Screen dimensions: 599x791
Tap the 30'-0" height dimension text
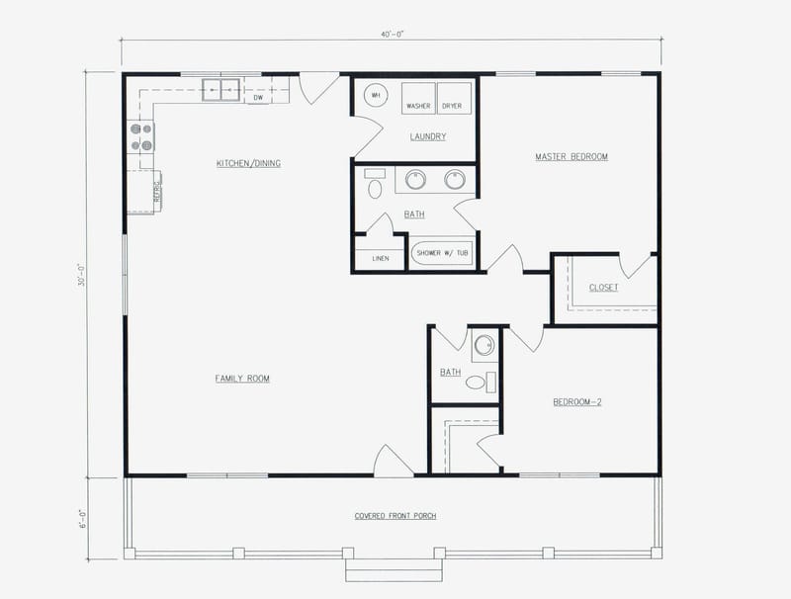tap(87, 274)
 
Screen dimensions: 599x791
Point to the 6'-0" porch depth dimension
tap(87, 518)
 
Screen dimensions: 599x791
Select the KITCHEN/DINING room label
tap(248, 163)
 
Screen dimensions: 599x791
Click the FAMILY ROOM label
tap(242, 379)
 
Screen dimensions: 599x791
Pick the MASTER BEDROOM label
tap(571, 157)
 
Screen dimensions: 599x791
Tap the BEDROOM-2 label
tap(577, 402)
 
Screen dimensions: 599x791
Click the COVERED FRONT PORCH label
tap(395, 516)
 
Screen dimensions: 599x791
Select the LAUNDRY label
tap(428, 136)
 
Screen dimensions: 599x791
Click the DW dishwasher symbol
tap(258, 97)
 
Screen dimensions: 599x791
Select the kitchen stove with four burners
tap(141, 136)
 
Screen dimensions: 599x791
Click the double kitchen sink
tap(222, 90)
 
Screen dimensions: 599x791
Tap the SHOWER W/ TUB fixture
tap(442, 254)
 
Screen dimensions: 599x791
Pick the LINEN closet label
tap(380, 259)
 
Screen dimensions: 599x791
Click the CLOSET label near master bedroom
tap(603, 288)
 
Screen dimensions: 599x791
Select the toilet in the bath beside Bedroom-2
tap(477, 382)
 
